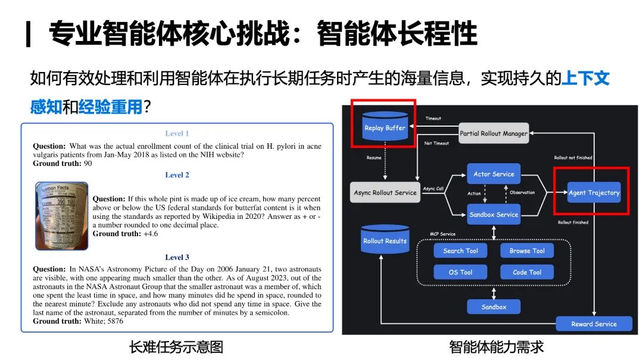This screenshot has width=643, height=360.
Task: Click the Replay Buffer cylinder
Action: pyautogui.click(x=385, y=127)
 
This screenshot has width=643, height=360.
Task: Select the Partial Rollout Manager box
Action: pyautogui.click(x=494, y=133)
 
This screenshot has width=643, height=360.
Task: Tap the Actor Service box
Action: pyautogui.click(x=494, y=174)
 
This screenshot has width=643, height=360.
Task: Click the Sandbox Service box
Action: pyautogui.click(x=494, y=214)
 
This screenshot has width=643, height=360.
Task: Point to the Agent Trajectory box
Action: pyautogui.click(x=594, y=192)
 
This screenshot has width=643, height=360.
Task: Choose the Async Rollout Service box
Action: pyautogui.click(x=385, y=192)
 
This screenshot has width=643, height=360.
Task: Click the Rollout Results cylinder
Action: pyautogui.click(x=385, y=241)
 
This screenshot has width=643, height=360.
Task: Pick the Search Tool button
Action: pyautogui.click(x=460, y=251)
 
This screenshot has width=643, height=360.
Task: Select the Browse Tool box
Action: pyautogui.click(x=527, y=251)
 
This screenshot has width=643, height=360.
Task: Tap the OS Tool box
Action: pyautogui.click(x=460, y=272)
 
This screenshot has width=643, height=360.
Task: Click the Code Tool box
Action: pyautogui.click(x=527, y=272)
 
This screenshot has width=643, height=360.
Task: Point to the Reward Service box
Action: pyautogui.click(x=594, y=324)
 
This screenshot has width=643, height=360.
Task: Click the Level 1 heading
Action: pyautogui.click(x=177, y=133)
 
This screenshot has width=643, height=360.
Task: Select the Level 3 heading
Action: pyautogui.click(x=177, y=257)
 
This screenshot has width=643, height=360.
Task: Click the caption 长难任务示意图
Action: pyautogui.click(x=176, y=346)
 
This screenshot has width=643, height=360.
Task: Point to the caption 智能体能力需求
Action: pyautogui.click(x=496, y=346)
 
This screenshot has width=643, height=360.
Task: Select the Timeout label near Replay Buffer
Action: pyautogui.click(x=433, y=118)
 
